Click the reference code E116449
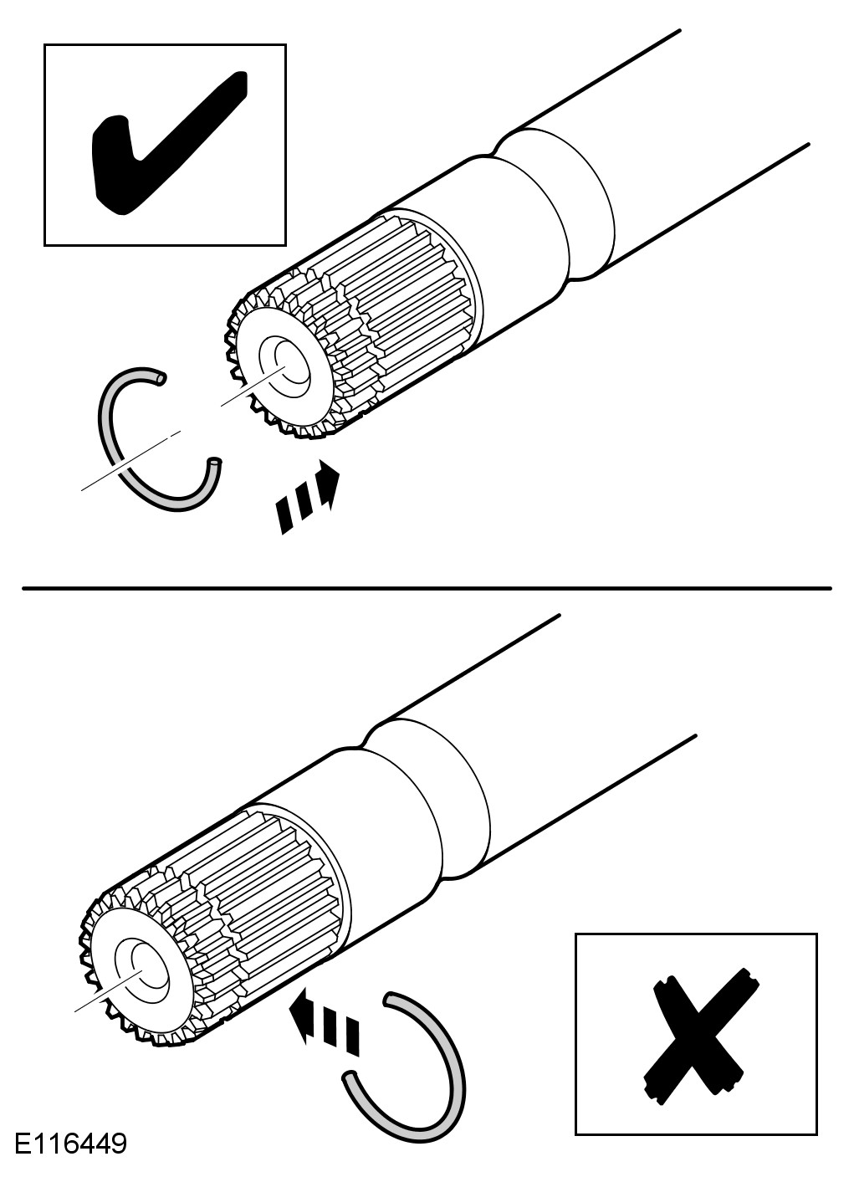(x=70, y=1144)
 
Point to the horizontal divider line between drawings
(x=427, y=588)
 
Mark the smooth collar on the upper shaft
(x=535, y=222)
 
